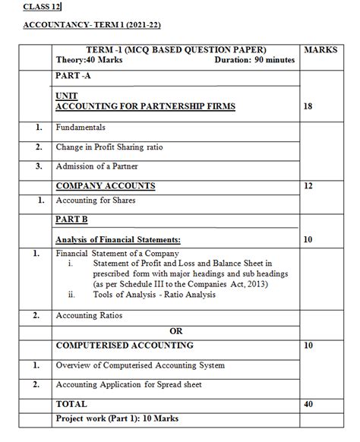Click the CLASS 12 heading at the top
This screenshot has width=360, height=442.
point(43,8)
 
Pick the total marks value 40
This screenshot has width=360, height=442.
point(308,404)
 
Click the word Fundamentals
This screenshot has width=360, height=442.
point(81,128)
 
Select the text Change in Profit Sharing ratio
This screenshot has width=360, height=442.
point(111,147)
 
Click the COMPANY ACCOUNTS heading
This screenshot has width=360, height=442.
point(106,185)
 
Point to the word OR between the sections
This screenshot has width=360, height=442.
point(176,330)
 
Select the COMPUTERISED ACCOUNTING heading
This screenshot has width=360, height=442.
point(125,346)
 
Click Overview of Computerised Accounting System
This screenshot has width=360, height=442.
point(141,365)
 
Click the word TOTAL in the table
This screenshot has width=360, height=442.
point(71,404)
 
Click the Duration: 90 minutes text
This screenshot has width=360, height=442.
point(255,60)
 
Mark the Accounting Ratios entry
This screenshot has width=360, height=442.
point(89,314)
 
